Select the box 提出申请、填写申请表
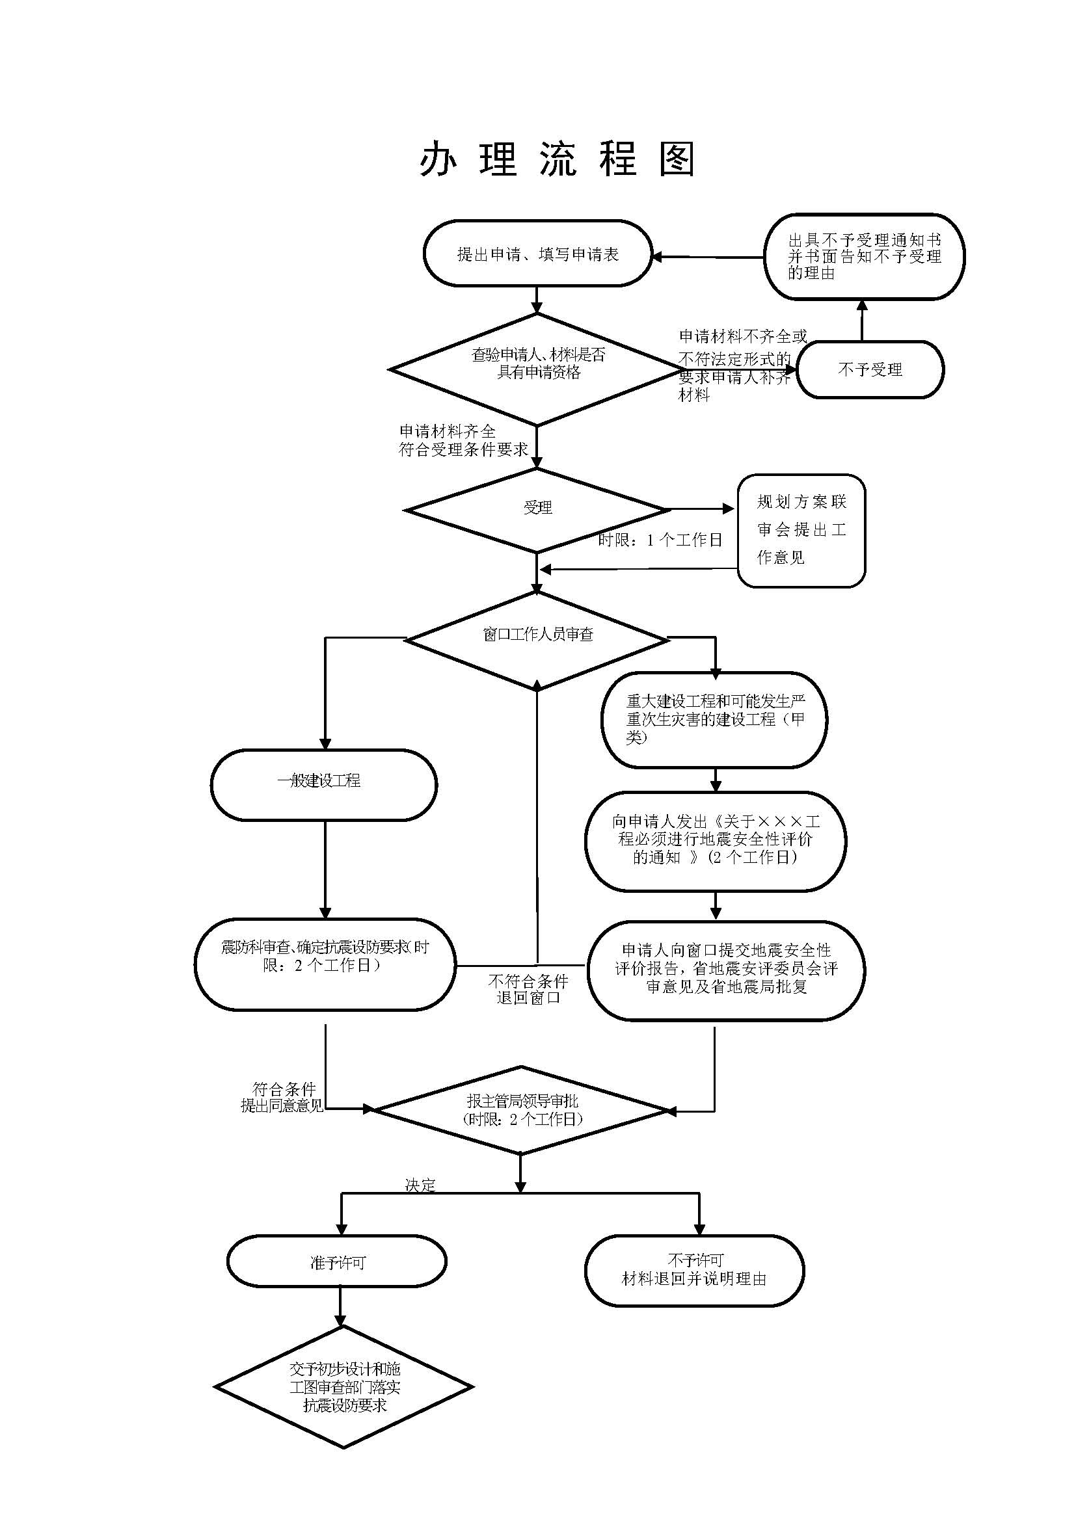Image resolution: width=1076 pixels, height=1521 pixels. [x=537, y=254]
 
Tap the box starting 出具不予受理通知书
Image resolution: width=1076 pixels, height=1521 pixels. [x=864, y=256]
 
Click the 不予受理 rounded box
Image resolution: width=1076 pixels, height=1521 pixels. [x=870, y=369]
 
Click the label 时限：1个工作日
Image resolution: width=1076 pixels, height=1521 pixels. [x=660, y=540]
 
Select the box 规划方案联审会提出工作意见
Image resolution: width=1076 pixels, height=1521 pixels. [x=801, y=530]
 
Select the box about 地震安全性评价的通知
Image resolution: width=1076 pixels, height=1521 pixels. [x=716, y=841]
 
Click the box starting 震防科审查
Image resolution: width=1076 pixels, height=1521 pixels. [x=325, y=964]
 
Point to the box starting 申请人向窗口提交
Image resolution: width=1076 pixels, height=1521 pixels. [x=726, y=969]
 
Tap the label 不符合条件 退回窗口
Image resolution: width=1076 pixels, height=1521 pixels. [x=528, y=989]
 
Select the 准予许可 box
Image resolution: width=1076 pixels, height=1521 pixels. [x=336, y=1262]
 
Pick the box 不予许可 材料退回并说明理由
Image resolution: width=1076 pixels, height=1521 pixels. [x=694, y=1269]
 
